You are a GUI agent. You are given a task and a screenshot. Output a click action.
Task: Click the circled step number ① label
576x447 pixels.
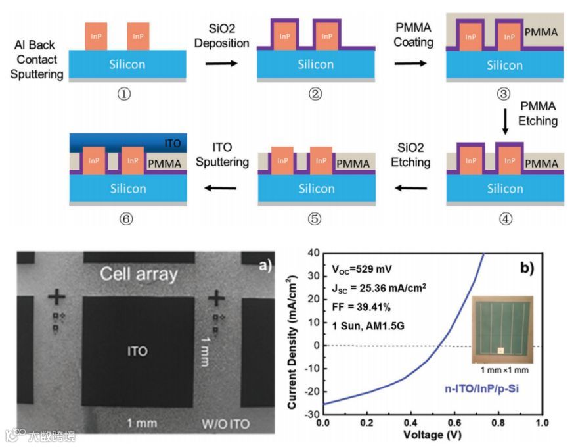124,93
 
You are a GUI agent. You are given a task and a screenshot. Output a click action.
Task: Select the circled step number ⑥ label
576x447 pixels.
125,220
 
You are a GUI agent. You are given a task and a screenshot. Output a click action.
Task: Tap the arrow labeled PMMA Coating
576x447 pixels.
410,63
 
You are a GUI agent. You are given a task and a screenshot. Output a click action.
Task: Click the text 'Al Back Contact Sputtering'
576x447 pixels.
38,60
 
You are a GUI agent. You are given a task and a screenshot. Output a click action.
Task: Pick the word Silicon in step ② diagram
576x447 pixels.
316,64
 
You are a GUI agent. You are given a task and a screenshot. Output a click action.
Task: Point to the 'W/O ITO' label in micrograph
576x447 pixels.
225,423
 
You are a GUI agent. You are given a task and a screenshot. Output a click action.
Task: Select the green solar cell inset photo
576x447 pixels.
500,328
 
